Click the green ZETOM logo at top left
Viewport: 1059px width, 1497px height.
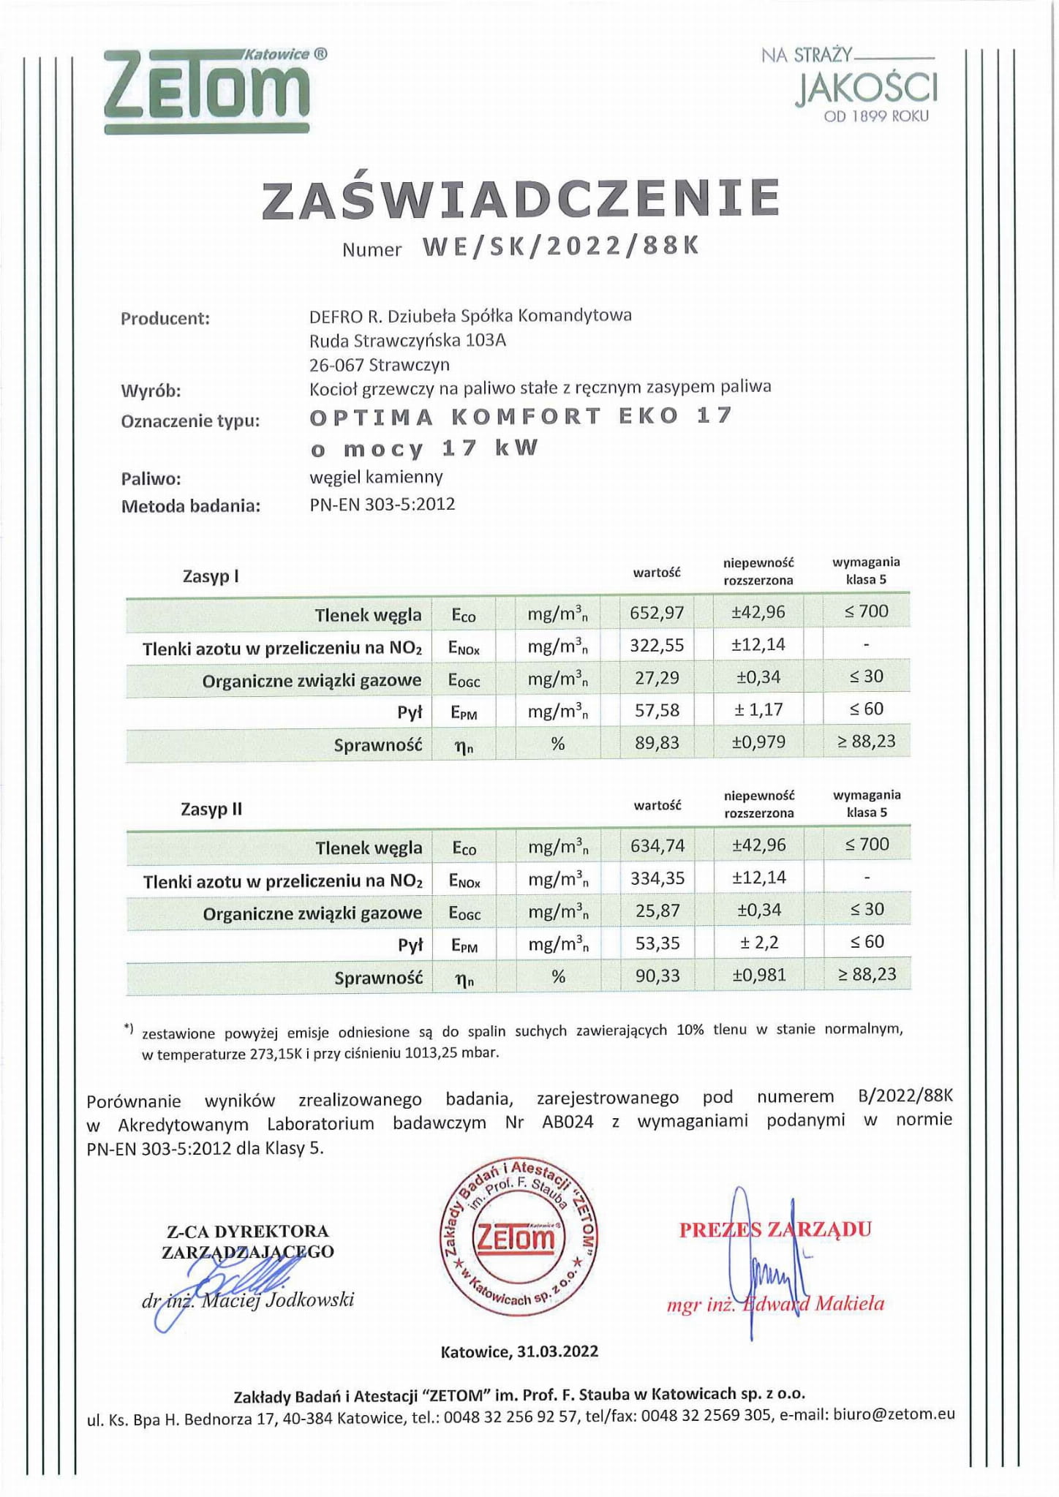point(207,91)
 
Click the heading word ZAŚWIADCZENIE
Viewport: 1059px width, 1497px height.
point(521,199)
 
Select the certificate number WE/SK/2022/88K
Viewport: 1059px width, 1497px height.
point(561,246)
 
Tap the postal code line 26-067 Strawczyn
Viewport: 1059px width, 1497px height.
point(380,364)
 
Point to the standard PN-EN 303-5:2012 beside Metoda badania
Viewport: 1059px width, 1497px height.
point(382,504)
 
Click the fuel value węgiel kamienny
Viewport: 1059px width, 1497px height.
point(377,478)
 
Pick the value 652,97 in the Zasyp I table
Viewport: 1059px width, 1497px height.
point(657,612)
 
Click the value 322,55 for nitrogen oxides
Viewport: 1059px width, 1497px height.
point(657,645)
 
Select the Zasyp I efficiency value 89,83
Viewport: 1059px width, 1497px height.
point(657,743)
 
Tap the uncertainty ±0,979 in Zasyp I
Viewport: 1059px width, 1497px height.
point(758,742)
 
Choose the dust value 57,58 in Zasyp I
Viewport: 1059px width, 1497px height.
point(657,710)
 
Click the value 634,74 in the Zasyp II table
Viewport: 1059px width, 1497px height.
point(657,845)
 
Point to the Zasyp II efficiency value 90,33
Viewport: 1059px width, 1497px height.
point(657,976)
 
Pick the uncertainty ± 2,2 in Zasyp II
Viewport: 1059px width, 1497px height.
point(759,943)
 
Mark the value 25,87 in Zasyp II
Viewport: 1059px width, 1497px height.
point(657,910)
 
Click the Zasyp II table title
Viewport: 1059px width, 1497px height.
point(211,810)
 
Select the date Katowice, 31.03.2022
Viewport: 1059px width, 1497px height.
point(519,1351)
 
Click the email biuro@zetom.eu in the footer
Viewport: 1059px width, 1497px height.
point(894,1414)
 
